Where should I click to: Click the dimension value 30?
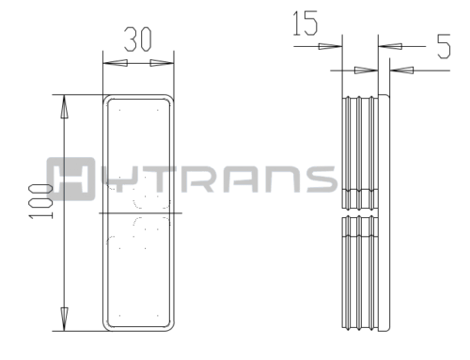coord(138,39)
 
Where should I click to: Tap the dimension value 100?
coord(40,201)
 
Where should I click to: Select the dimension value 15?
coord(305,23)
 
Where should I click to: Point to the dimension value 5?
coord(444,46)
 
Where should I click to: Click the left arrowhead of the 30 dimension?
coord(116,63)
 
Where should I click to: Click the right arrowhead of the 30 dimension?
coord(162,63)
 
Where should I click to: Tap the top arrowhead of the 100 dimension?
coord(64,106)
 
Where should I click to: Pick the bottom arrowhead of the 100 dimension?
coord(64,319)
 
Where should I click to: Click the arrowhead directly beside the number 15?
coord(330,46)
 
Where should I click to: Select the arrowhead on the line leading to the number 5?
coord(390,46)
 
